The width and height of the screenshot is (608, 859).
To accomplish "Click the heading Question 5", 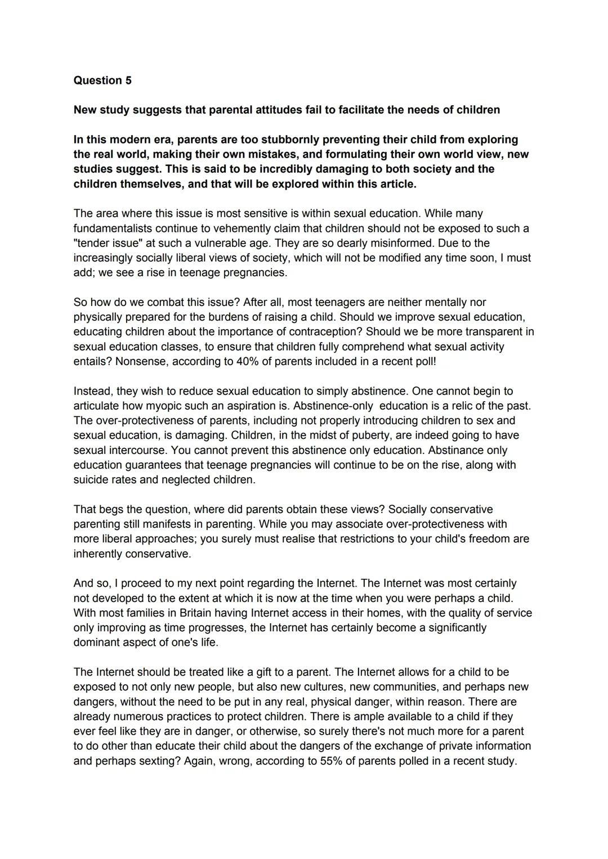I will coord(102,80).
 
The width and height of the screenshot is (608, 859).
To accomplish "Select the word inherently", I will coord(97,554).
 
